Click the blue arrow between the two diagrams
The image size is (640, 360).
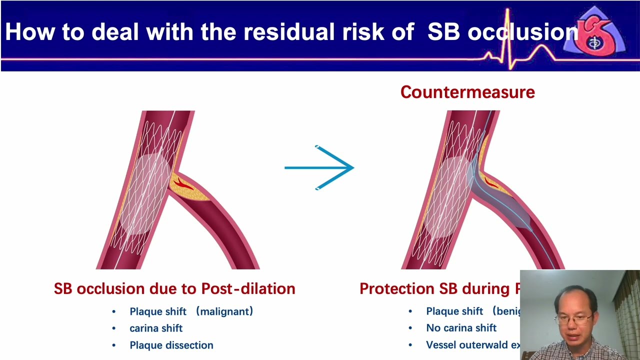pos(320,167)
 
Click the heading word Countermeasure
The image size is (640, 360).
pos(467,92)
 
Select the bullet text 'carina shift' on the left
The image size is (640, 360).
pos(156,328)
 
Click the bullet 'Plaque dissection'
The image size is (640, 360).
pos(171,345)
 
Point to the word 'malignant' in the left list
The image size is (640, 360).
pos(224,311)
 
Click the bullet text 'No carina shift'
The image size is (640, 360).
pos(461,328)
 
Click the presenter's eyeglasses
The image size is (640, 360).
pos(575,318)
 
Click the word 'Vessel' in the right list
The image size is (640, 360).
pos(442,345)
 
